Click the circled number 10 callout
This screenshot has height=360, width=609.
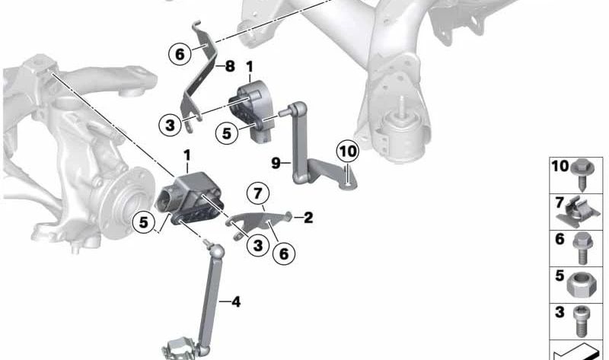pyautogui.click(x=348, y=151)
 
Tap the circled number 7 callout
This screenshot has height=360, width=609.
pyautogui.click(x=258, y=193)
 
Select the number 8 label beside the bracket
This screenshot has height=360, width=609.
pyautogui.click(x=230, y=66)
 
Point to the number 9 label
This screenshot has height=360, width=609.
pyautogui.click(x=276, y=163)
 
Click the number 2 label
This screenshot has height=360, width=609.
pyautogui.click(x=308, y=218)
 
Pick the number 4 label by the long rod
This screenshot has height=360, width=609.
pyautogui.click(x=236, y=301)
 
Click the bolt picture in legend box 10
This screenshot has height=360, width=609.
pyautogui.click(x=582, y=174)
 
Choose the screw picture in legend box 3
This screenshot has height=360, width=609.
pyautogui.click(x=580, y=322)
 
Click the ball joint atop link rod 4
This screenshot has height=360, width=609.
pyautogui.click(x=217, y=251)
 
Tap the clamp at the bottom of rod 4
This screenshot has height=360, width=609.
pyautogui.click(x=180, y=348)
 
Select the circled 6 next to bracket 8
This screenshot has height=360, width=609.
pyautogui.click(x=180, y=54)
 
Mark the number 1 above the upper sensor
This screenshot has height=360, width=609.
pyautogui.click(x=249, y=67)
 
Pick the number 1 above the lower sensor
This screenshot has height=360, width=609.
pyautogui.click(x=187, y=156)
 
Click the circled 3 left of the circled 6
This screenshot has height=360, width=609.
pyautogui.click(x=258, y=244)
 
